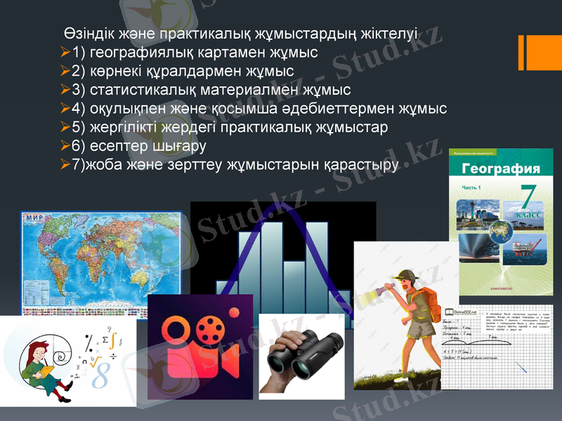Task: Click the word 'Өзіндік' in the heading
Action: [87, 34]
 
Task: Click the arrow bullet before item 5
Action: [65, 128]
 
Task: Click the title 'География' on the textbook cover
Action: [501, 168]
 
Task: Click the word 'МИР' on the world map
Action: [34, 218]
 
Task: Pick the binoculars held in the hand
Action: [302, 354]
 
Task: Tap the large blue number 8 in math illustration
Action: [100, 377]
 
